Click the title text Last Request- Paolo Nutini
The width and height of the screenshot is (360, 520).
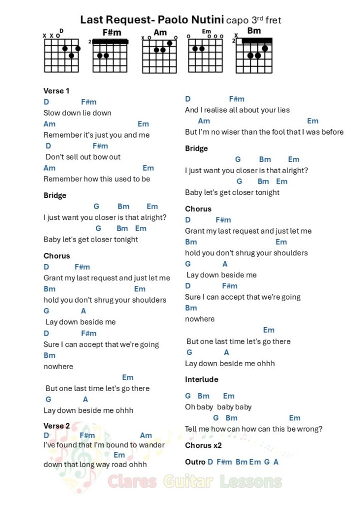click(151, 20)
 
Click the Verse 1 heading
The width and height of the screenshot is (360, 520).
click(57, 91)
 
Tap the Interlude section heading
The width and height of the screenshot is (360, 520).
click(202, 379)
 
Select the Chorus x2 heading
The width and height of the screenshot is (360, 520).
click(204, 445)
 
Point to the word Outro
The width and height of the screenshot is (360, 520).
click(195, 462)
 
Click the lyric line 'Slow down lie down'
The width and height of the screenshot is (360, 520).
click(77, 113)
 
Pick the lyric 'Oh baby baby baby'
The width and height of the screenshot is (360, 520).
click(218, 407)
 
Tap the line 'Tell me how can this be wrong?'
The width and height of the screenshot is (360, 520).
click(253, 429)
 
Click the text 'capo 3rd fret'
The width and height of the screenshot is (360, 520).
click(253, 20)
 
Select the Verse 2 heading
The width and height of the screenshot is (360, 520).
click(57, 426)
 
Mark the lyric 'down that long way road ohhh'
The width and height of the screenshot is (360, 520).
click(95, 464)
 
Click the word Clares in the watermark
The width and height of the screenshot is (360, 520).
click(133, 481)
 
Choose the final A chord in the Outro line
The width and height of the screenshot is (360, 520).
click(276, 462)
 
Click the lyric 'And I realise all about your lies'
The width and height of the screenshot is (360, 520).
click(237, 110)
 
